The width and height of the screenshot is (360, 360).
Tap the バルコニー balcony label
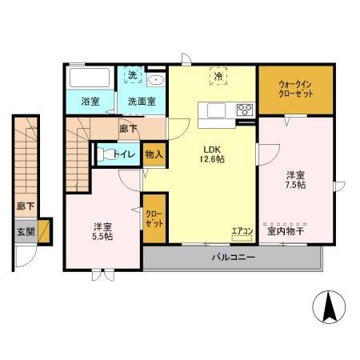click(x=233, y=258)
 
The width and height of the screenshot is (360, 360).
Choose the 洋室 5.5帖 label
click(x=102, y=230)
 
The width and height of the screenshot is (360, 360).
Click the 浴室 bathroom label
click(x=90, y=102)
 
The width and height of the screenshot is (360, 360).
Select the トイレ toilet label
click(x=123, y=154)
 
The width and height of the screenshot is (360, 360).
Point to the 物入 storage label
click(x=154, y=154)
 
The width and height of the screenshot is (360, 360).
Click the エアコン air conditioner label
click(x=242, y=232)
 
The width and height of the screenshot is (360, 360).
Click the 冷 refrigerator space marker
click(x=218, y=76)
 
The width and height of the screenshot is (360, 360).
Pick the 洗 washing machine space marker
click(x=134, y=76)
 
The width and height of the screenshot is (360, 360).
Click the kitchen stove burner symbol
click(x=244, y=110)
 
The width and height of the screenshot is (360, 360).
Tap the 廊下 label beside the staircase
click(x=25, y=206)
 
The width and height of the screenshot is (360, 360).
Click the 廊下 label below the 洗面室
click(x=127, y=126)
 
